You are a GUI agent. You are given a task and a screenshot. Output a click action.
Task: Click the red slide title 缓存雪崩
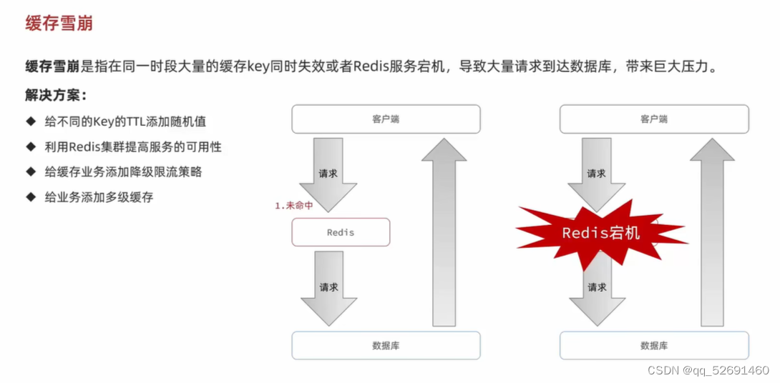click(x=59, y=23)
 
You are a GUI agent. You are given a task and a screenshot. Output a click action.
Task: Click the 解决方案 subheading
click(x=56, y=95)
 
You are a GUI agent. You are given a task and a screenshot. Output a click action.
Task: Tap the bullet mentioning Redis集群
click(x=132, y=146)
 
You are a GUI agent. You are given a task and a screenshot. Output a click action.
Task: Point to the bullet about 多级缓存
click(x=97, y=197)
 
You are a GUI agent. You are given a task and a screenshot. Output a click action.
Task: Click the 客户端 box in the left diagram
click(x=386, y=119)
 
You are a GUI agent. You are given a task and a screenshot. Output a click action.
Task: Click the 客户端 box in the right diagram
click(x=653, y=119)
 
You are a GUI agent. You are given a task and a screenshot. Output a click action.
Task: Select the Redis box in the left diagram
click(x=341, y=232)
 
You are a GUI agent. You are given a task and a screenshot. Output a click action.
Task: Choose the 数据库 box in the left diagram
click(x=386, y=345)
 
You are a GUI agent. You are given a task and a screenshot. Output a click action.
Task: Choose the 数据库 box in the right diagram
click(x=653, y=345)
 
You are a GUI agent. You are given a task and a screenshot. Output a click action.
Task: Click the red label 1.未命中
click(x=294, y=206)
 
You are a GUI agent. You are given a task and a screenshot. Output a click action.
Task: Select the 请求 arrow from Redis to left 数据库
click(x=328, y=287)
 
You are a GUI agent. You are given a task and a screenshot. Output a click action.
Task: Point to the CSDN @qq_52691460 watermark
click(x=708, y=370)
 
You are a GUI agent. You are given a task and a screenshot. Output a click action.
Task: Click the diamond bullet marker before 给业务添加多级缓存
click(x=30, y=197)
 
